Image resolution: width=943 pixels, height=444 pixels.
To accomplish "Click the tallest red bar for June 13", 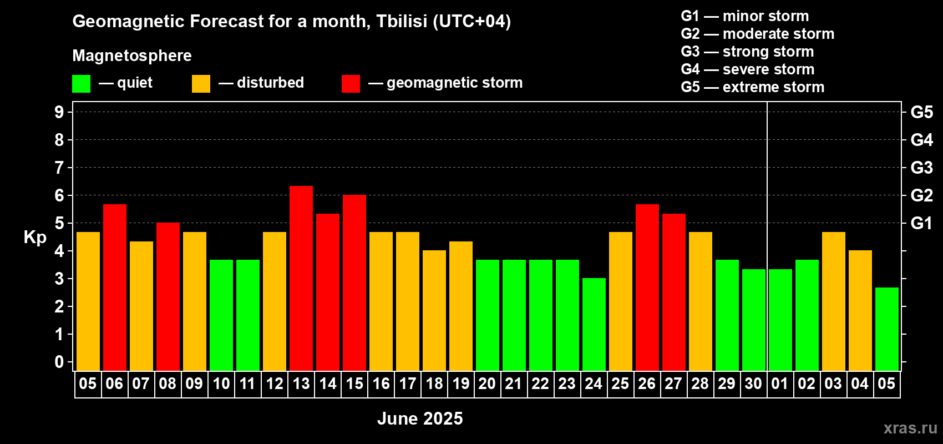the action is coord(301,278).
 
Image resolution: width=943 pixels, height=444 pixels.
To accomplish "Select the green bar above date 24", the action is coord(594,324).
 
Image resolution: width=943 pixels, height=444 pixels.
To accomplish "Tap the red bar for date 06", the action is coord(114,287).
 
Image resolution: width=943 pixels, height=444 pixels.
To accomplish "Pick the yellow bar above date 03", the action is coord(834,301).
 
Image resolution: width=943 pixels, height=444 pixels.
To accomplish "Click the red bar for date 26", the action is coord(647,287).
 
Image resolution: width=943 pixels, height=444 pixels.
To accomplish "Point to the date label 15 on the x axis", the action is coord(354,384).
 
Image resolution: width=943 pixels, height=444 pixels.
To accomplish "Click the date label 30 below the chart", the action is coord(753,384).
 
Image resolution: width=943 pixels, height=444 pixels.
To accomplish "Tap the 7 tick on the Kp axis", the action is coord(59,168).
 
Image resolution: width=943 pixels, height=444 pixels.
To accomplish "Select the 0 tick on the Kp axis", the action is coord(59,362).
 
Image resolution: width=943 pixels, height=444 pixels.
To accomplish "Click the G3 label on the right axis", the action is coord(921,168).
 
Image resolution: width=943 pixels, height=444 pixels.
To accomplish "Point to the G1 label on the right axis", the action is coord(921,223).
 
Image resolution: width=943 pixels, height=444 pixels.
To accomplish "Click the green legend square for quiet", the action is coord(81,83).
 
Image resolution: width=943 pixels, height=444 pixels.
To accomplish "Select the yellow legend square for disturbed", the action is coord(201,83).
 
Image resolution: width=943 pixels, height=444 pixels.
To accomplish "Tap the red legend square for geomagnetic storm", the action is coord(351,83).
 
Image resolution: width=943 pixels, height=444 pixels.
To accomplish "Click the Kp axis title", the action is coord(35,238).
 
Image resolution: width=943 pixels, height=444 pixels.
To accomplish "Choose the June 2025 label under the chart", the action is coord(420,418).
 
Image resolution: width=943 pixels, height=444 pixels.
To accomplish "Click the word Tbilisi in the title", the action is coord(402,21).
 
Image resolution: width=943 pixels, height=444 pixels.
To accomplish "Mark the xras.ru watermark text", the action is coord(910,428).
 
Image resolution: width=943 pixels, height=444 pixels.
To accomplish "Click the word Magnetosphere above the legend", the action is coord(132,56).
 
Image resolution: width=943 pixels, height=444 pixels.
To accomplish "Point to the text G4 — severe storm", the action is coord(747,69).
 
